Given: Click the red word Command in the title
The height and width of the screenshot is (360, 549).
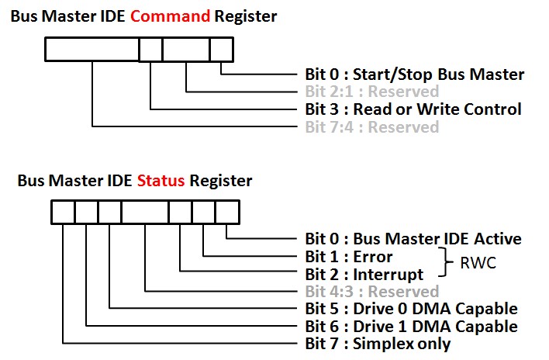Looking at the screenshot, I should click(x=171, y=16).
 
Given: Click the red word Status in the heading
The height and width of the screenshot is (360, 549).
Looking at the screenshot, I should click(x=161, y=181).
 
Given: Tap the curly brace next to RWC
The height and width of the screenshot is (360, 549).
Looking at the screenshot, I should click(x=444, y=265).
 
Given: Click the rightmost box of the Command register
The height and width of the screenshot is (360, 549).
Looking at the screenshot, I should click(x=221, y=50).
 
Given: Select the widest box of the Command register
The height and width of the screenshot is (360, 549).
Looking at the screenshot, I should click(x=91, y=50).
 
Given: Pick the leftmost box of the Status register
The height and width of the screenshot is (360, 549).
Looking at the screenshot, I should click(x=63, y=212).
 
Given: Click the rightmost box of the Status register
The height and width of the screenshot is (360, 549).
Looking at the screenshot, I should click(x=227, y=212).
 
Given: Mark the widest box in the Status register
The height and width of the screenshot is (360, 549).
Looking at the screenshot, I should click(x=145, y=212).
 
